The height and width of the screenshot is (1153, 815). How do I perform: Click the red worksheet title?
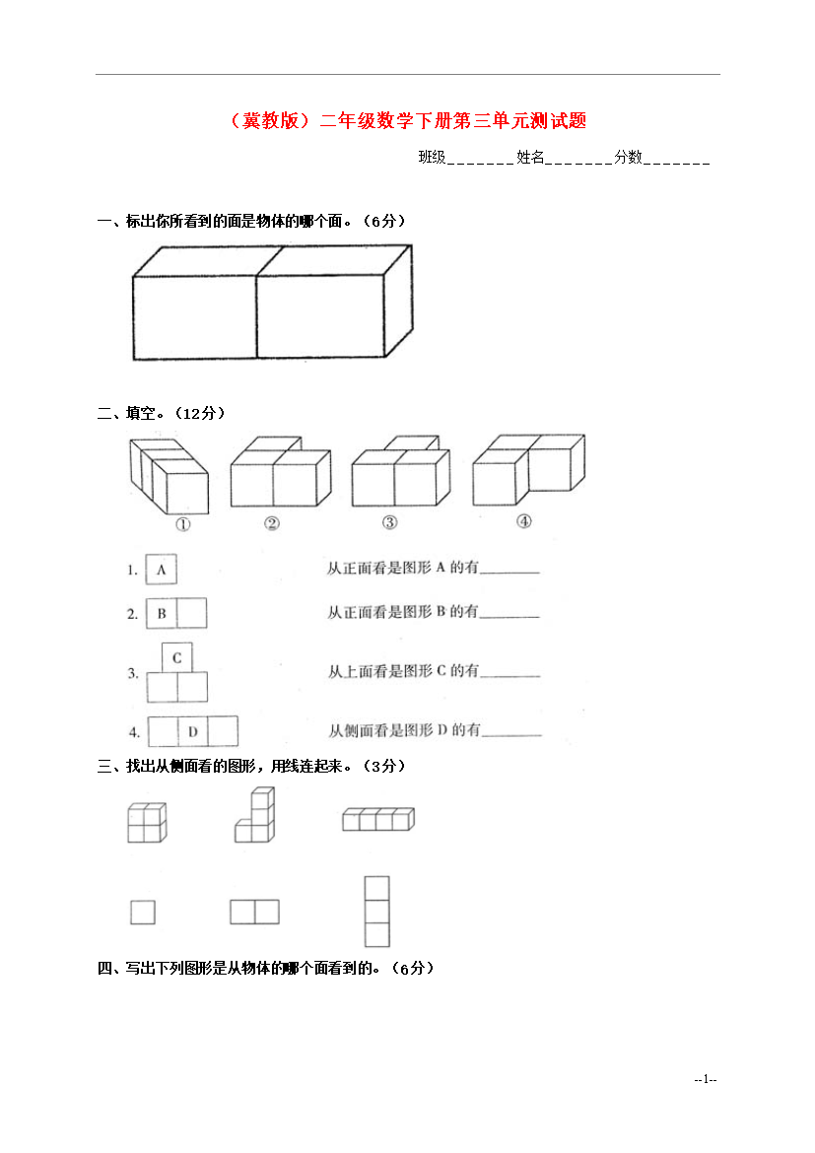pyautogui.click(x=408, y=120)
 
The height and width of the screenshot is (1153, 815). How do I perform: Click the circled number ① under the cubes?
pyautogui.click(x=183, y=524)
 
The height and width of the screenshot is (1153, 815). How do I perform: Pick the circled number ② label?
pyautogui.click(x=272, y=523)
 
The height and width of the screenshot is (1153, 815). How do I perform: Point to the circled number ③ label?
pyautogui.click(x=390, y=522)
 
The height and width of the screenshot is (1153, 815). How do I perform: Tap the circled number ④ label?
pyautogui.click(x=523, y=521)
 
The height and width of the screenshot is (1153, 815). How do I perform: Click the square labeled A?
pyautogui.click(x=161, y=570)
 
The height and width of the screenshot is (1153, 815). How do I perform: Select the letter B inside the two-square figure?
pyautogui.click(x=162, y=613)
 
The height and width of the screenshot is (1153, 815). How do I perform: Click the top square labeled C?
pyautogui.click(x=177, y=657)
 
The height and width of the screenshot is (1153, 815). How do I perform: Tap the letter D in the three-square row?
pyautogui.click(x=193, y=731)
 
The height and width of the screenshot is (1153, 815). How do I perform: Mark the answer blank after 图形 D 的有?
pyautogui.click(x=511, y=734)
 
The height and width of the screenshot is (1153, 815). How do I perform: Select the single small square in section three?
pyautogui.click(x=143, y=913)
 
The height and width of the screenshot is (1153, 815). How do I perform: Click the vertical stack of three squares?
pyautogui.click(x=377, y=912)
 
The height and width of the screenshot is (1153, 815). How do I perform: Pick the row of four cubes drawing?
pyautogui.click(x=378, y=819)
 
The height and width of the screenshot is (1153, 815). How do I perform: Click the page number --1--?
pyautogui.click(x=706, y=1079)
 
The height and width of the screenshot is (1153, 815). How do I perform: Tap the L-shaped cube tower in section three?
pyautogui.click(x=255, y=815)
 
